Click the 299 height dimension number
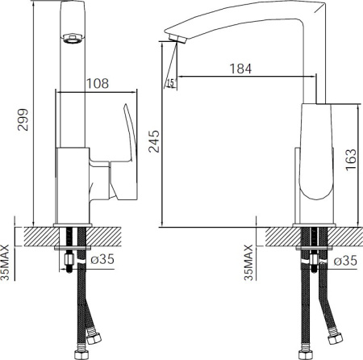click(x=23, y=119)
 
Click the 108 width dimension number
click(x=98, y=84)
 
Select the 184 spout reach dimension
click(x=240, y=69)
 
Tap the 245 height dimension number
click(x=154, y=141)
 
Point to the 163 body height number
click(x=351, y=160)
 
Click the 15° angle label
click(x=171, y=83)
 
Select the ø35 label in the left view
click(x=102, y=259)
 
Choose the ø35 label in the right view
click(x=345, y=261)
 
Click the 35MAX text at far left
click(x=5, y=262)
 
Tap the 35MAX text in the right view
click(x=248, y=262)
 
